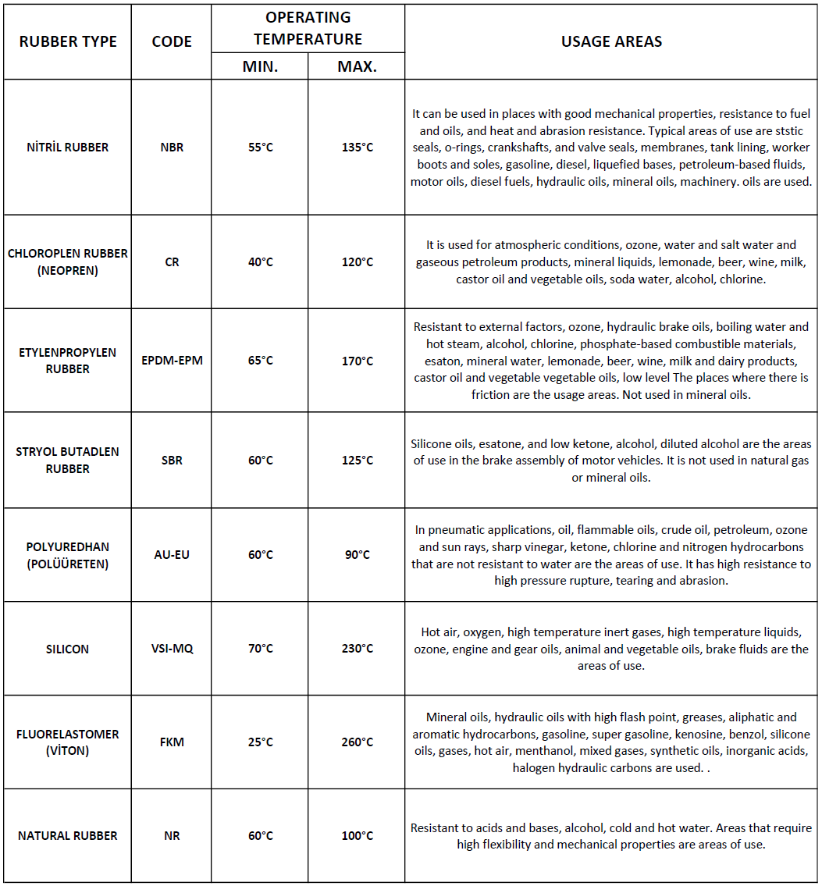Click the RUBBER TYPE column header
point(68,41)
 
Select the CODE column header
point(172,41)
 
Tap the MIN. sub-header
point(260,66)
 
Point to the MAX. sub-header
point(357,66)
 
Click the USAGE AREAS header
point(611,41)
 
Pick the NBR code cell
point(172,147)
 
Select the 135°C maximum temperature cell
point(357,147)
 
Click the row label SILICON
point(68,649)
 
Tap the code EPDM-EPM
point(172,361)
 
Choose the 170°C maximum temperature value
point(357,361)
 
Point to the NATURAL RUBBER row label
point(68,835)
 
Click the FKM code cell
point(172,742)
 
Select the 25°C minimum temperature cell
point(260,742)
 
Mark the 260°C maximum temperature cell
point(357,742)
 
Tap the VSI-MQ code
point(172,649)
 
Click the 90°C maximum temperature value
point(357,554)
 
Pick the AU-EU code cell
point(172,554)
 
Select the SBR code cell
point(172,460)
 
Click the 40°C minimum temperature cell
point(260,262)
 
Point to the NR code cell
point(172,835)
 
